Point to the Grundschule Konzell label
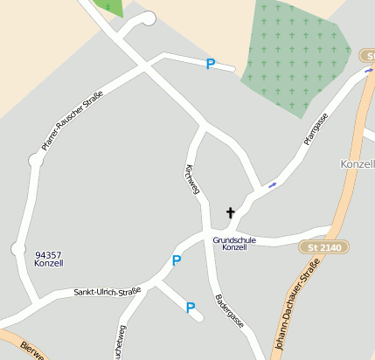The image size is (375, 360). coord(235,243)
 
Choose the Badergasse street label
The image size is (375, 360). coord(229,310)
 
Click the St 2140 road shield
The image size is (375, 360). coord(325,247)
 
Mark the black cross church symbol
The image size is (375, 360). coord(231,212)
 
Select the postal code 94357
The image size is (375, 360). coord(48,254)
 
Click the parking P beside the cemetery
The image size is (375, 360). coord(210,64)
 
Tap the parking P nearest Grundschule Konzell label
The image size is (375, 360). coord(177,260)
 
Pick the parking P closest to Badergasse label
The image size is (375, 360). coord(191,307)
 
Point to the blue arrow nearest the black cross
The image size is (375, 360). coord(273,184)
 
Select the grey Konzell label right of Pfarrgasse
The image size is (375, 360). coord(357,164)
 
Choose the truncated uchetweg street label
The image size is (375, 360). coord(119,342)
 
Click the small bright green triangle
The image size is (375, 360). coord(112,8)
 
